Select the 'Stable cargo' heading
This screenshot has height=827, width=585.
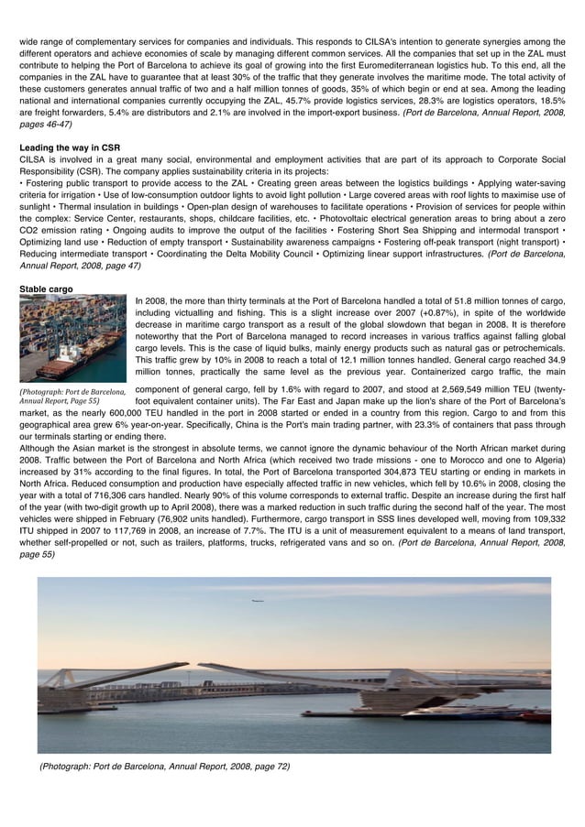tap(47, 290)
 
